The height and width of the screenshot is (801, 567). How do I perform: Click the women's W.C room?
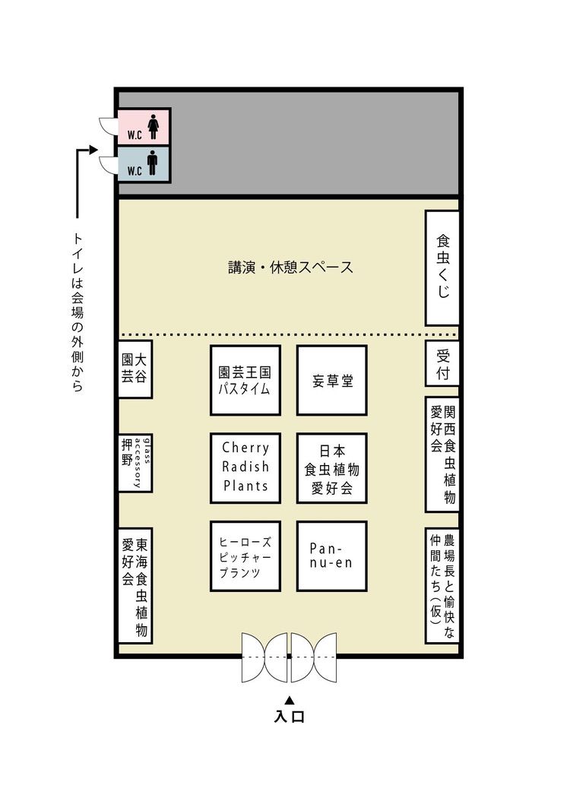(144, 126)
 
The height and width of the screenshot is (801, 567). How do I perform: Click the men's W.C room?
(144, 164)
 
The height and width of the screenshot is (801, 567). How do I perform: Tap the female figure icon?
(153, 127)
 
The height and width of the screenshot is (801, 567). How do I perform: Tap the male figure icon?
(152, 163)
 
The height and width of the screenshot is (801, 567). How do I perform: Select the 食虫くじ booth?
(442, 268)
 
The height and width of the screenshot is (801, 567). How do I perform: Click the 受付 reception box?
(442, 364)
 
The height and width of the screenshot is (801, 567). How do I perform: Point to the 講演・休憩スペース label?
(290, 268)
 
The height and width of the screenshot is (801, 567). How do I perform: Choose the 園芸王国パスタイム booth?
(245, 380)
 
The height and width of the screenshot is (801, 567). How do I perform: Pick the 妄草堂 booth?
(332, 380)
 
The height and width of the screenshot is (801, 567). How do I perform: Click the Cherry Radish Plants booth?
(245, 468)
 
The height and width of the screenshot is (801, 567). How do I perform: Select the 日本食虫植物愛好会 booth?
(332, 468)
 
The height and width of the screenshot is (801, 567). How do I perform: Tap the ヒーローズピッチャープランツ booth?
(245, 556)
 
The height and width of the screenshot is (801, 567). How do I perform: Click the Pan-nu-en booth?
(332, 556)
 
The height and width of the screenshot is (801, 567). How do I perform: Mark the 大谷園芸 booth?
(135, 369)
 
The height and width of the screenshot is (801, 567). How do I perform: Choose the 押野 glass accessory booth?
(135, 463)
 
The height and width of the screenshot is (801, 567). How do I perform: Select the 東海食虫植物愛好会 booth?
(135, 585)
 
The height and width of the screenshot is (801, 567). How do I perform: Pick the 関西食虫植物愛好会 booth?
(442, 454)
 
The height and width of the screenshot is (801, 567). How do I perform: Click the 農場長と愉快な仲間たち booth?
(442, 585)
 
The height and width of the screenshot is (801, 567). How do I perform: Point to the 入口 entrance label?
(289, 716)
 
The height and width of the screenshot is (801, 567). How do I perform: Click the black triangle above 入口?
(289, 700)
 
